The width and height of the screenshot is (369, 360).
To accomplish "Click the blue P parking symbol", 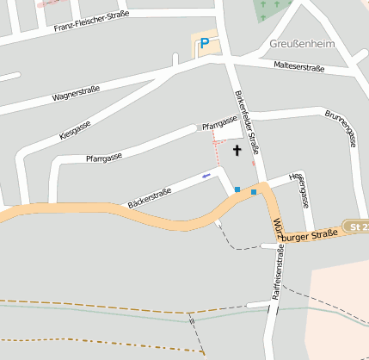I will coord(204,43).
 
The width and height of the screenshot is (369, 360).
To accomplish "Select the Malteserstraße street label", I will coord(298,66).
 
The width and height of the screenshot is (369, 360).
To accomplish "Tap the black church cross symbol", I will coord(237,150).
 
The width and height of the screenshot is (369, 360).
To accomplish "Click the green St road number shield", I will coord(356,227).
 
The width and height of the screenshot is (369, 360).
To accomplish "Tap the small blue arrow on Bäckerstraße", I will coord(205,176).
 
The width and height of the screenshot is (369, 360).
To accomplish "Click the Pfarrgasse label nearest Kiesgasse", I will coord(104,156).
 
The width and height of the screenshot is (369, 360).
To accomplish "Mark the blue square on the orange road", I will coord(254,192).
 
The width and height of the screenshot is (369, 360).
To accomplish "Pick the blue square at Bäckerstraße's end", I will coord(237,189).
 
